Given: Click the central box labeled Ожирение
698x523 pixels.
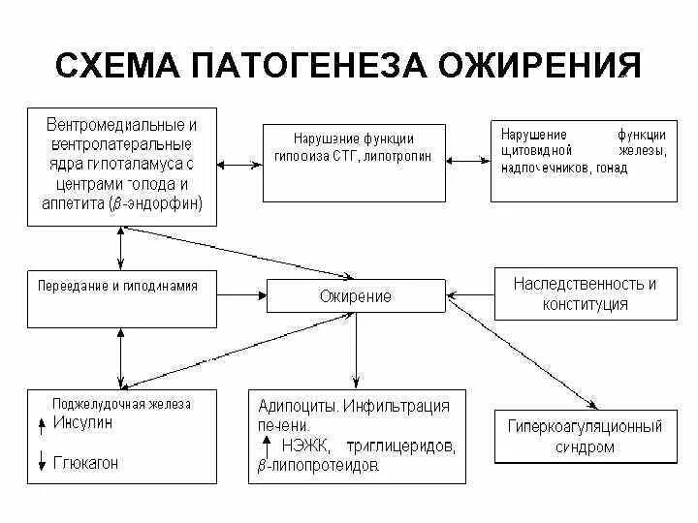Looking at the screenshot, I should pyautogui.click(x=356, y=295).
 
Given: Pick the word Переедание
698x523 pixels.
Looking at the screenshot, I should pyautogui.click(x=71, y=287).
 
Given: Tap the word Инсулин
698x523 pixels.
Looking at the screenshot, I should pyautogui.click(x=81, y=423).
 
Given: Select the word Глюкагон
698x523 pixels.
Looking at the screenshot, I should pyautogui.click(x=85, y=463).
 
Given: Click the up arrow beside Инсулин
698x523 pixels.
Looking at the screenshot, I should pyautogui.click(x=42, y=423).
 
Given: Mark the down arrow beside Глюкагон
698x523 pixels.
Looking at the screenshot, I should pyautogui.click(x=42, y=463).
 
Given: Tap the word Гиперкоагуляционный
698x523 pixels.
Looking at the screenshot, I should pyautogui.click(x=587, y=426).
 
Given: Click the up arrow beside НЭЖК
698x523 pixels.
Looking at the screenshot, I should pyautogui.click(x=266, y=445).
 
